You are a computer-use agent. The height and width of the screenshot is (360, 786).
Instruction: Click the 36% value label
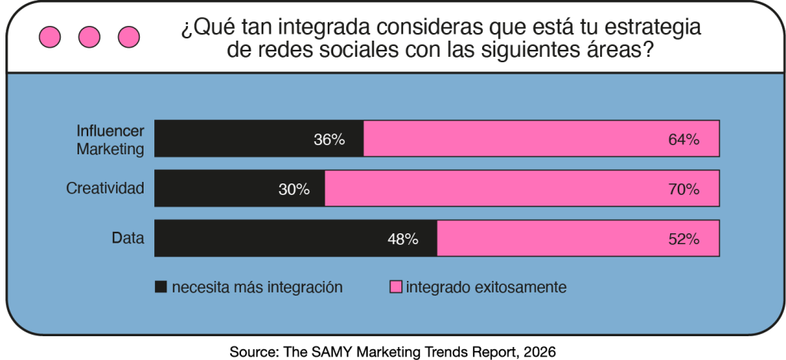point(329,140)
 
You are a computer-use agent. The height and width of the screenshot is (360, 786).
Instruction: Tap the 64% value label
point(684,140)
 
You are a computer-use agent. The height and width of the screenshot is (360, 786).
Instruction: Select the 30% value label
point(294,190)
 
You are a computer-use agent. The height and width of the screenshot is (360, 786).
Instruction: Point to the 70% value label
point(684,190)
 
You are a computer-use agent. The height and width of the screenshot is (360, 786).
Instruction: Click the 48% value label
point(403,239)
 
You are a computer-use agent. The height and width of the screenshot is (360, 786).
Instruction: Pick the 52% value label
point(684,239)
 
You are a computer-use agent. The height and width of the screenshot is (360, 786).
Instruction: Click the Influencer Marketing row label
point(110,140)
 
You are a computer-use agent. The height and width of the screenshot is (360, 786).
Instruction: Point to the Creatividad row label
point(105,189)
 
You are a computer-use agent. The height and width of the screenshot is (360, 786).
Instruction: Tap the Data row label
point(128,239)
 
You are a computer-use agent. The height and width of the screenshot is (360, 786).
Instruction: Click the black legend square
point(161,288)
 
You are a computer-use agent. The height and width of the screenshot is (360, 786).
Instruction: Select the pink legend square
point(396,288)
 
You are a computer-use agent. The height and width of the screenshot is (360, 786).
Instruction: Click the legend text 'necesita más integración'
point(257,288)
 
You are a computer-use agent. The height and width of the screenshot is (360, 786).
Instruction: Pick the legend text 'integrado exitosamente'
point(486,288)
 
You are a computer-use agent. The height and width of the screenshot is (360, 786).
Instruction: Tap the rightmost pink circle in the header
point(129,36)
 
